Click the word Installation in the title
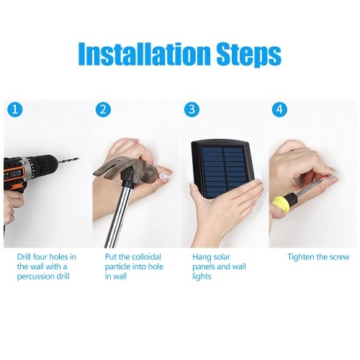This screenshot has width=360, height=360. pos(143,53)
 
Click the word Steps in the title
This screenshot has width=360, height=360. pos(248,55)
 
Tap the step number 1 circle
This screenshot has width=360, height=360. pos(14,109)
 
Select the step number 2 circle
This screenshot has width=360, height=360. pos(103,109)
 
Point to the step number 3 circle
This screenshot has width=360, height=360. pos(192,109)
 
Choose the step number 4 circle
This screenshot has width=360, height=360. pos(279,109)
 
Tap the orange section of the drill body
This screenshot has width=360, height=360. pos(14,174)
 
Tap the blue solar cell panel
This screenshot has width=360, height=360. pos(224,171)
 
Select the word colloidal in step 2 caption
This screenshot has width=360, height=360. pos(146,257)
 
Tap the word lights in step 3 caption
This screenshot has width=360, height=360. pos(202,276)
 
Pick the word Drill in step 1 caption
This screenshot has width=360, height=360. pos(24,257)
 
